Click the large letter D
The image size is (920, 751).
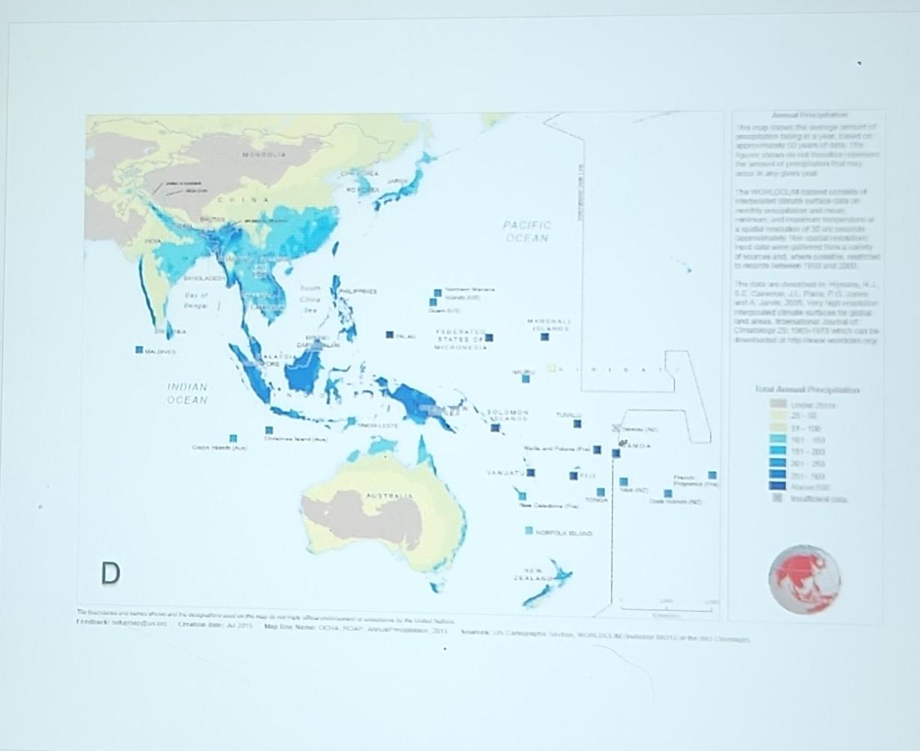[x=110, y=574]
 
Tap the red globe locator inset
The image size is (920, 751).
[x=804, y=579]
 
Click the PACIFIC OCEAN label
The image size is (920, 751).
[x=527, y=231]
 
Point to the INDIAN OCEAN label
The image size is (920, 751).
[x=187, y=393]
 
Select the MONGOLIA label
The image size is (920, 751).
[x=263, y=155]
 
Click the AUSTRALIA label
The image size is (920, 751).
[x=389, y=496]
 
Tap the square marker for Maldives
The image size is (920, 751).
[x=139, y=350]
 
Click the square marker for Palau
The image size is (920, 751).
[x=390, y=335]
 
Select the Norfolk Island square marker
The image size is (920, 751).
[x=529, y=531]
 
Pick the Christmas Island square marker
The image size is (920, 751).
[x=269, y=430]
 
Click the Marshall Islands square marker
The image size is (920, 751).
[x=545, y=337]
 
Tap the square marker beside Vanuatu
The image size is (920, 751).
[x=531, y=472]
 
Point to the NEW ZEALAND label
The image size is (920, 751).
[x=533, y=574]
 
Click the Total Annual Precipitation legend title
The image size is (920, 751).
[x=807, y=389]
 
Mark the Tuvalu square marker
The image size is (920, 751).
[x=578, y=424]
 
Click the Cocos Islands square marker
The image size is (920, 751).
[x=233, y=438]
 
